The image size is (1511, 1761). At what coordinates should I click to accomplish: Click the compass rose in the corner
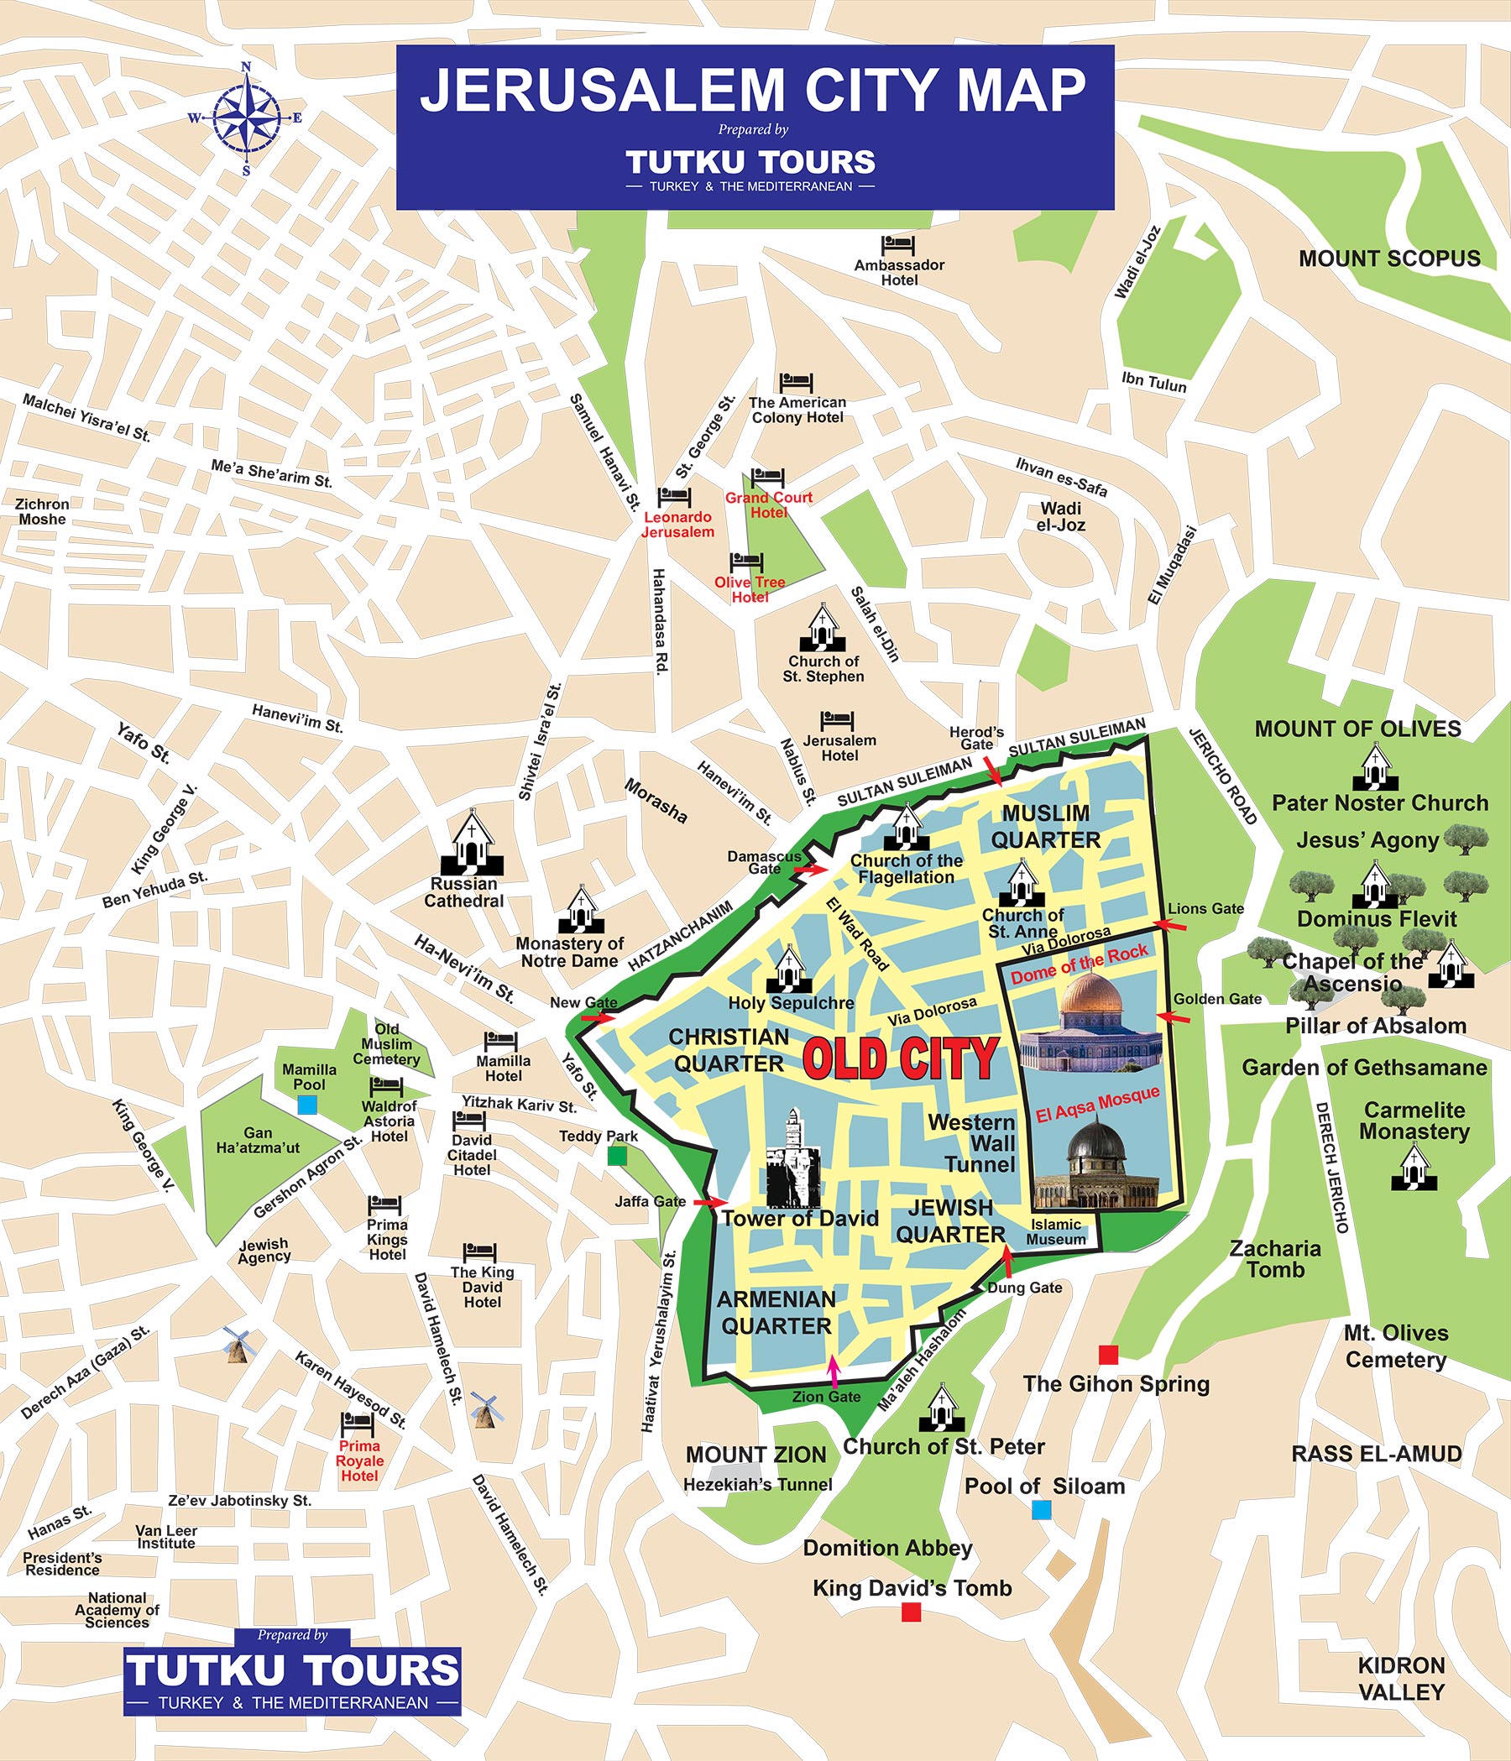pyautogui.click(x=246, y=118)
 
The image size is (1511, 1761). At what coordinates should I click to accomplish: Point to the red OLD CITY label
pyautogui.click(x=900, y=1059)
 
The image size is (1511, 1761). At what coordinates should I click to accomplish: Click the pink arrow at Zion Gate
pyautogui.click(x=834, y=1372)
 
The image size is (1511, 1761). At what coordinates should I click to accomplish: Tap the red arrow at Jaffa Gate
pyautogui.click(x=709, y=1202)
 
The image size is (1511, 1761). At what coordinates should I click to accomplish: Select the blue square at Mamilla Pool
pyautogui.click(x=306, y=1105)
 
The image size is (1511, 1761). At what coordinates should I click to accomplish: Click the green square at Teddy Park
pyautogui.click(x=618, y=1156)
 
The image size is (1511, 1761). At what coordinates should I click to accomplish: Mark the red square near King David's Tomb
pyautogui.click(x=911, y=1612)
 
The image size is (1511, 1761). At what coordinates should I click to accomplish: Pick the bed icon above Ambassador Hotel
pyautogui.click(x=897, y=247)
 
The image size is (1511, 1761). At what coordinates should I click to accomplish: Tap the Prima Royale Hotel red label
pyautogui.click(x=359, y=1461)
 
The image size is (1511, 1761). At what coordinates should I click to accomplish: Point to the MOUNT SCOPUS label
pyautogui.click(x=1388, y=259)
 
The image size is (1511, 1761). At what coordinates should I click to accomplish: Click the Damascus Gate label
pyautogui.click(x=764, y=862)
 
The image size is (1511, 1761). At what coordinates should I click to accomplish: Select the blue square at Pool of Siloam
pyautogui.click(x=1040, y=1509)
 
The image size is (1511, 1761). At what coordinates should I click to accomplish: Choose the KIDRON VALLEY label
pyautogui.click(x=1400, y=1679)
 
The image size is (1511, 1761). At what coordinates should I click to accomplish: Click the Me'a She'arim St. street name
pyautogui.click(x=271, y=473)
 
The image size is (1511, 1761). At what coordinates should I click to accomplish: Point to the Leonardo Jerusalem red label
pyautogui.click(x=677, y=525)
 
